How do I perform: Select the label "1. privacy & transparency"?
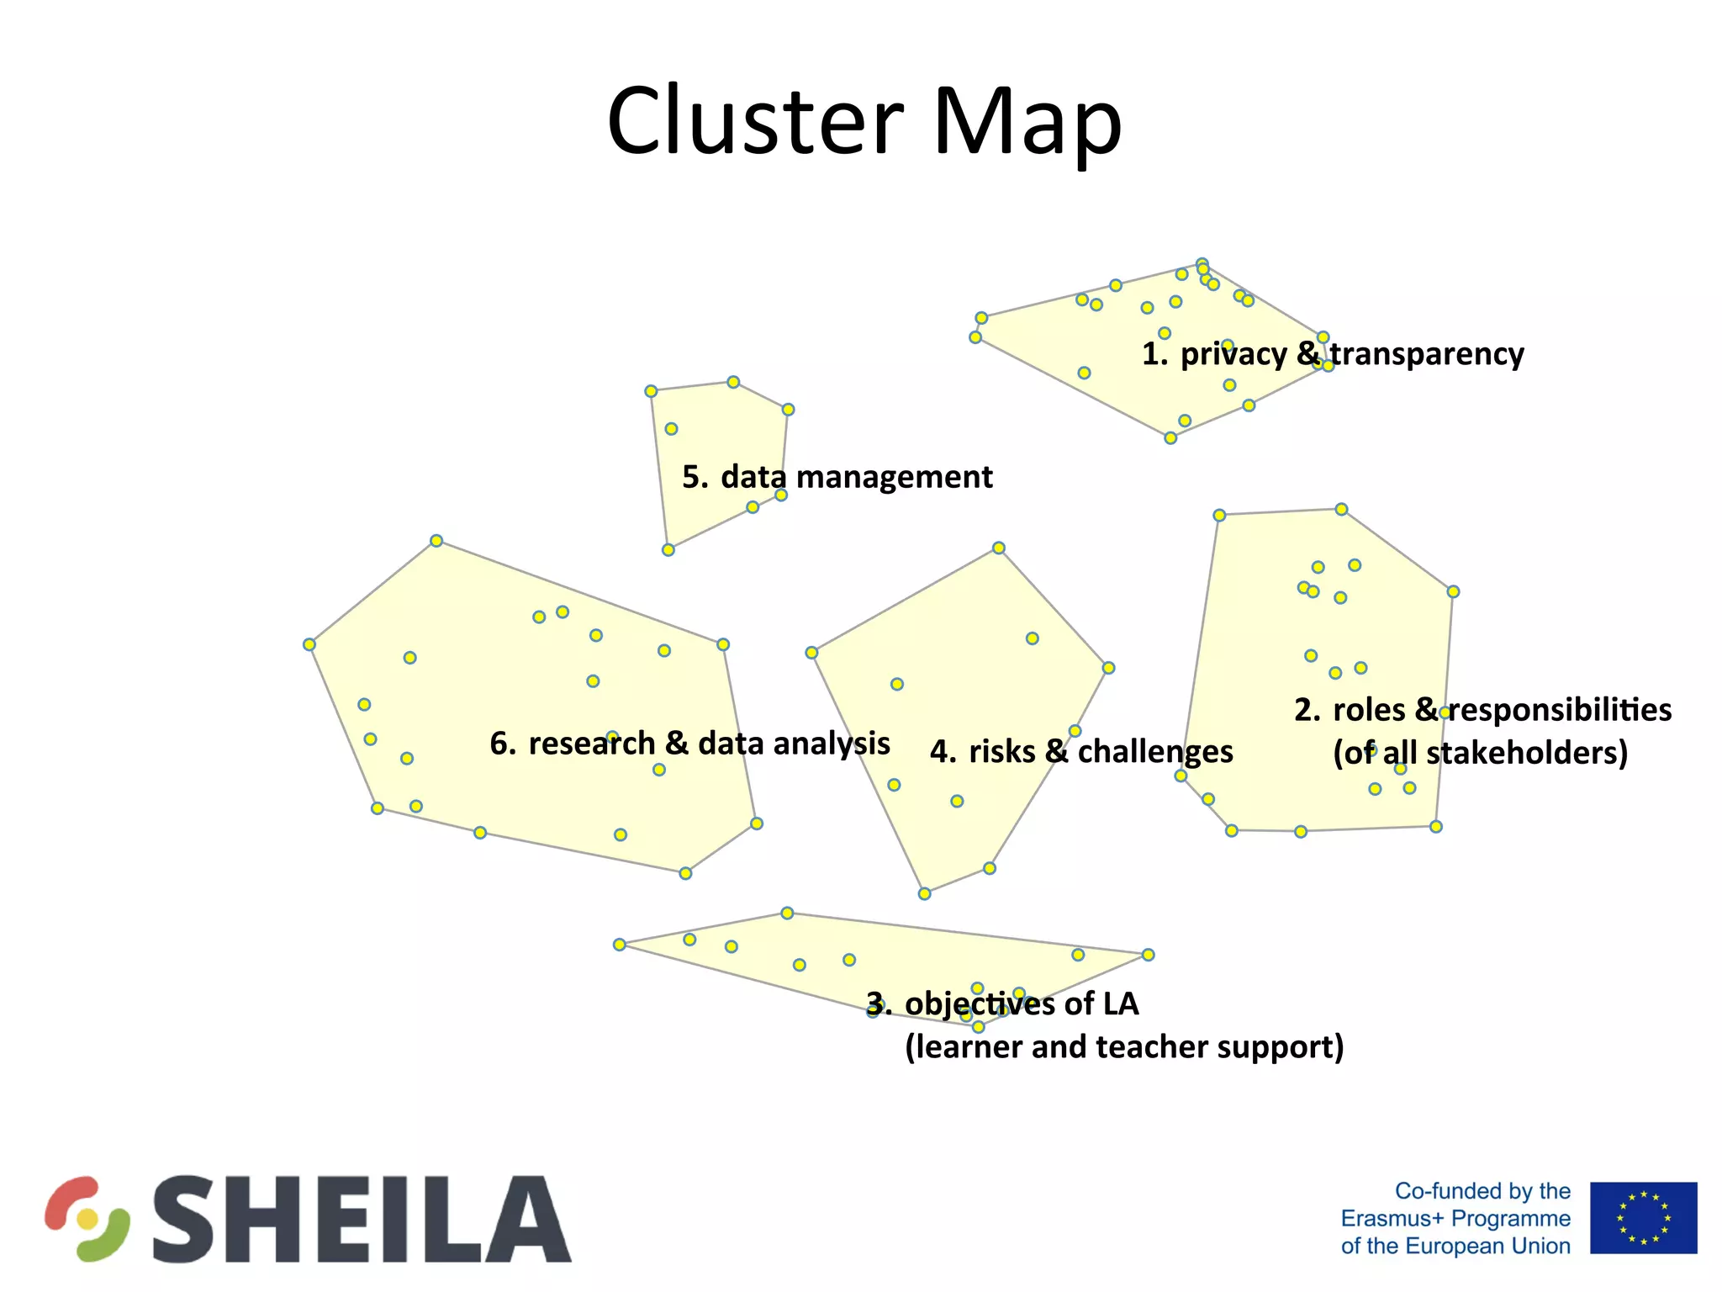click(x=1332, y=354)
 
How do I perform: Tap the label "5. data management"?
click(x=837, y=477)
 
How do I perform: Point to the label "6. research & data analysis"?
click(x=689, y=744)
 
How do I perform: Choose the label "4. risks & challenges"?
click(x=1081, y=751)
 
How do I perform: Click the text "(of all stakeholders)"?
click(x=1480, y=753)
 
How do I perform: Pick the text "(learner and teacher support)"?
click(x=1124, y=1047)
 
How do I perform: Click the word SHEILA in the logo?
click(x=362, y=1219)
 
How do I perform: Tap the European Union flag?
click(x=1643, y=1217)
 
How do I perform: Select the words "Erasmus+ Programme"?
click(x=1455, y=1218)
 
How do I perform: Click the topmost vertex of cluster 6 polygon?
click(x=436, y=541)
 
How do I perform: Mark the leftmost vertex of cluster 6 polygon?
click(x=309, y=644)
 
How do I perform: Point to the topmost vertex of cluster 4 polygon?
click(x=999, y=548)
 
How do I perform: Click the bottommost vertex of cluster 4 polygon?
click(x=924, y=893)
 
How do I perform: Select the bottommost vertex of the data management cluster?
click(x=668, y=550)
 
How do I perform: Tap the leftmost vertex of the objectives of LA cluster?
click(x=620, y=945)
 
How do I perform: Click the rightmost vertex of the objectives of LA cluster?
click(x=1149, y=955)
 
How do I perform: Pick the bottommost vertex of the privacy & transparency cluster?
click(x=1170, y=438)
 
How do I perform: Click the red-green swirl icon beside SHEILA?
click(x=87, y=1218)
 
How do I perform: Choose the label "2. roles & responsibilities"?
click(x=1482, y=710)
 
